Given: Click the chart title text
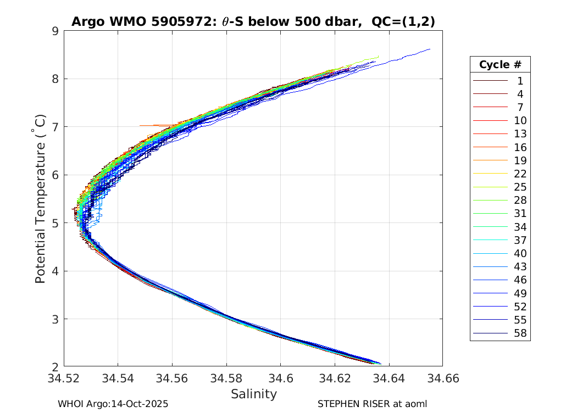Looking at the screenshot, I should (x=253, y=21).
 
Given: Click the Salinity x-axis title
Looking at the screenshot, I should (x=253, y=394).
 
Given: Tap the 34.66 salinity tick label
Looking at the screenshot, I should (x=442, y=378).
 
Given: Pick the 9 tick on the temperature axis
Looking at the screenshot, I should (x=55, y=31).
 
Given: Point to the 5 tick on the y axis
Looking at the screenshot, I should (x=55, y=223).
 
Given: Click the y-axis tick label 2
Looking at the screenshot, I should (x=55, y=367).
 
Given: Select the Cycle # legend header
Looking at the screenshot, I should (x=500, y=64).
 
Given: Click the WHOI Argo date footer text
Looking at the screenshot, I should (x=113, y=404).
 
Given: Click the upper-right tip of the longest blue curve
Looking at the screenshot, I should (x=430, y=49).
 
